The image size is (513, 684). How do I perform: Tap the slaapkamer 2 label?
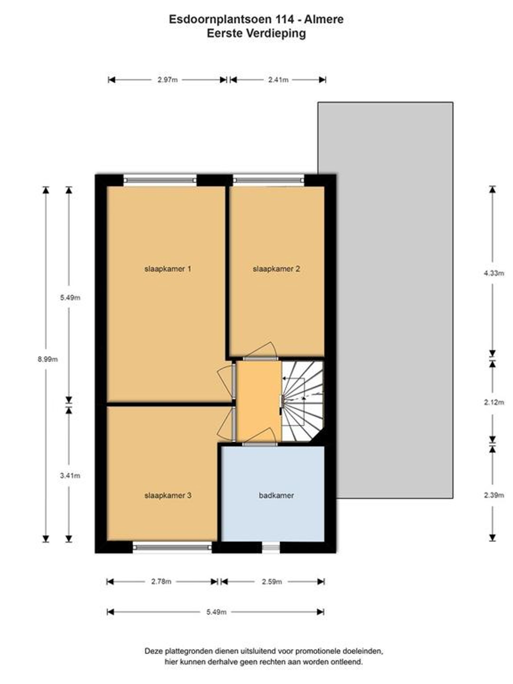point(276,269)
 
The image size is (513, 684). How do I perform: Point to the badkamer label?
point(276,495)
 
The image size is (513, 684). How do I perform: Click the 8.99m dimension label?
point(48,359)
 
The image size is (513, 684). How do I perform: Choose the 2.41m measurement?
point(278,80)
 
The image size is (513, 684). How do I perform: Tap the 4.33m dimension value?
point(494,273)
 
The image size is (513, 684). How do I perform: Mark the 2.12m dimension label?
point(494,402)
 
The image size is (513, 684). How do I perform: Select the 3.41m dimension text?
point(70,475)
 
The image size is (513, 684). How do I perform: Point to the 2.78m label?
point(161,582)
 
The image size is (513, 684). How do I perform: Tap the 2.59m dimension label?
point(272,582)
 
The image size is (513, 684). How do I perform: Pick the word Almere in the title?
point(324,19)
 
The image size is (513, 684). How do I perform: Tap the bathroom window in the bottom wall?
point(271,547)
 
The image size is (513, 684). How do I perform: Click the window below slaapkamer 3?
point(172,547)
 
